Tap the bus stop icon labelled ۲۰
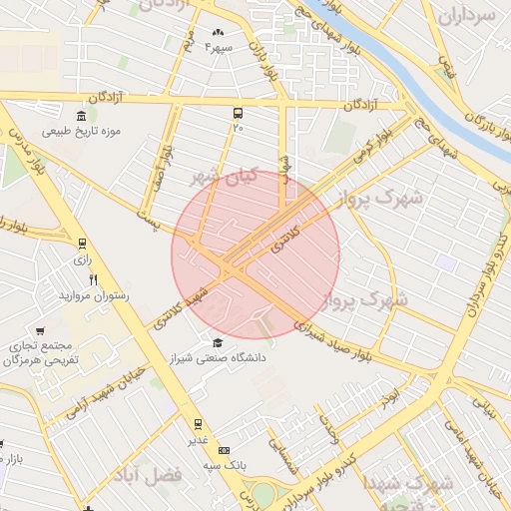click(238, 113)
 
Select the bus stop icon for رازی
click(82, 243)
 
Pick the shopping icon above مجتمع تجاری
click(40, 330)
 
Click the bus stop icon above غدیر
click(198, 424)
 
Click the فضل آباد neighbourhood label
click(150, 475)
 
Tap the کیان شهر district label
click(225, 177)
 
